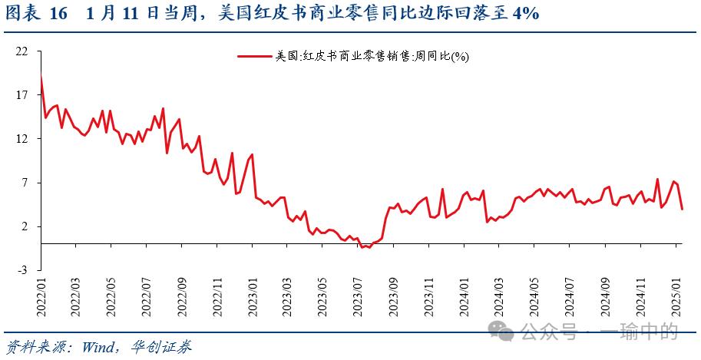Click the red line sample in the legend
[x=256, y=56]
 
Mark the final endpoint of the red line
[x=683, y=208]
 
